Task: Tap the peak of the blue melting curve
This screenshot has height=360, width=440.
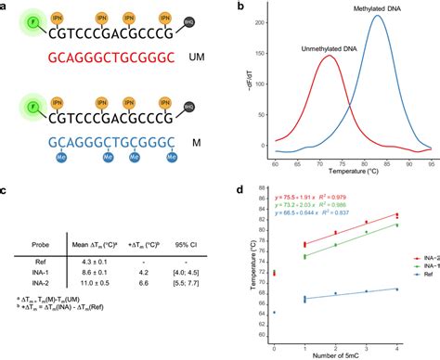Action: (377, 16)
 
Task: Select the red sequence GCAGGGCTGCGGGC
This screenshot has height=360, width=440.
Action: (98, 57)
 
